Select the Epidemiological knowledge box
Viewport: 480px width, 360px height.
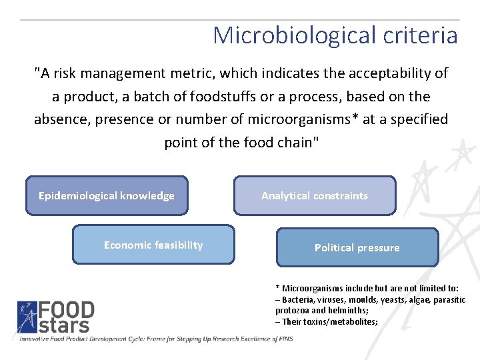click(x=107, y=195)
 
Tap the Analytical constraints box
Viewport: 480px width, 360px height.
click(x=315, y=195)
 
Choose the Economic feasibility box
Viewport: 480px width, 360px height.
click(x=153, y=245)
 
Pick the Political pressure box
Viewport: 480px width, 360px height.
click(x=357, y=247)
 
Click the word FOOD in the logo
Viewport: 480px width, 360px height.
click(x=66, y=311)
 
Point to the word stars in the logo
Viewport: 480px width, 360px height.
click(x=63, y=325)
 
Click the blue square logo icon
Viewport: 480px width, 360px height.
click(x=27, y=317)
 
